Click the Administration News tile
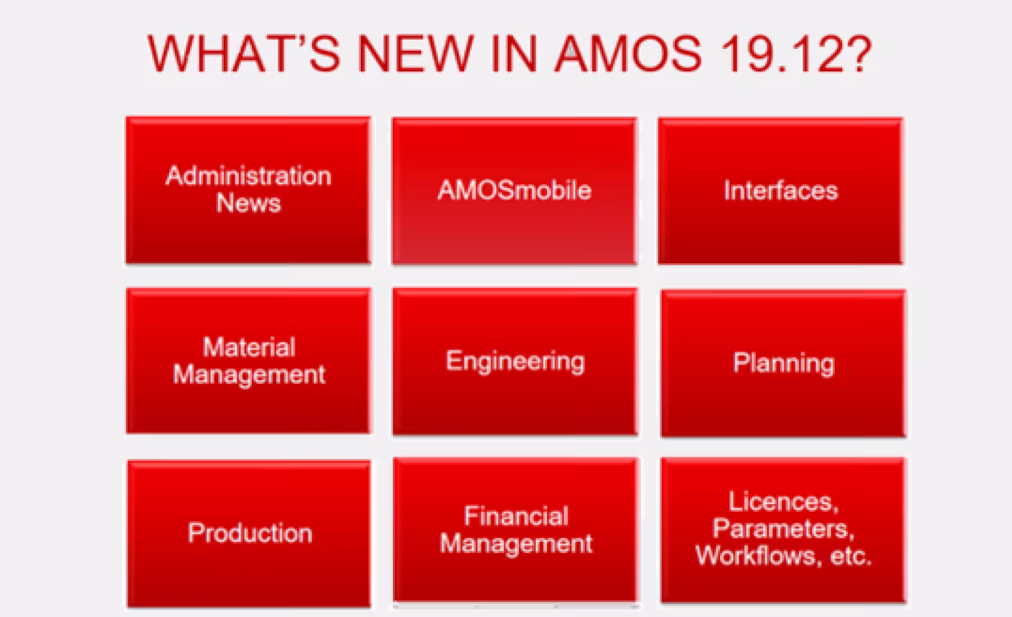248,190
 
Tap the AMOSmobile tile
514,190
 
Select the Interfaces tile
780,190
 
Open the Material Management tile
248,361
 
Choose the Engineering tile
515,361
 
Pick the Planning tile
783,363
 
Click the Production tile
249,533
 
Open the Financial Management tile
516,530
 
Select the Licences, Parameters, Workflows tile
783,530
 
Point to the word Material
249,347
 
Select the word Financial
516,516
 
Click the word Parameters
783,529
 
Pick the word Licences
783,502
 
